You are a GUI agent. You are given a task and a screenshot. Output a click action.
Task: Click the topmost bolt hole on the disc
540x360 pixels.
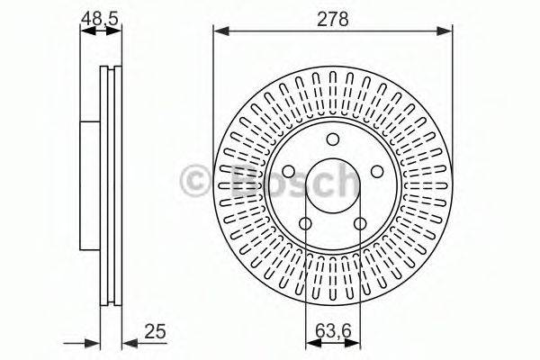tap(332, 139)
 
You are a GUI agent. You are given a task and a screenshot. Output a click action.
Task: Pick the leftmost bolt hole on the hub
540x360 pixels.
tap(288, 172)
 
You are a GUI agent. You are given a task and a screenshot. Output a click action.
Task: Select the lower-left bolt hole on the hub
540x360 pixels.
tap(305, 224)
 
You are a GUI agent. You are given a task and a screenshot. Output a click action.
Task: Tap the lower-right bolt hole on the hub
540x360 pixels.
tap(360, 224)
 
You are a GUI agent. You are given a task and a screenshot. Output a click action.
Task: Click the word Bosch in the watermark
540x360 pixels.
tap(285, 181)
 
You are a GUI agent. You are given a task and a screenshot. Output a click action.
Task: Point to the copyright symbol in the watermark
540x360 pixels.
tap(195, 181)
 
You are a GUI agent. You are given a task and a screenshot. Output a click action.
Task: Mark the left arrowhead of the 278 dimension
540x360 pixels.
tap(218, 31)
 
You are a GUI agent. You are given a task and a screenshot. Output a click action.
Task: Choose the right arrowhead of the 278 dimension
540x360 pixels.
tap(447, 31)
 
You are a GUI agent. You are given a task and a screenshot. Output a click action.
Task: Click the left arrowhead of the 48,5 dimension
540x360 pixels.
tap(85, 31)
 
